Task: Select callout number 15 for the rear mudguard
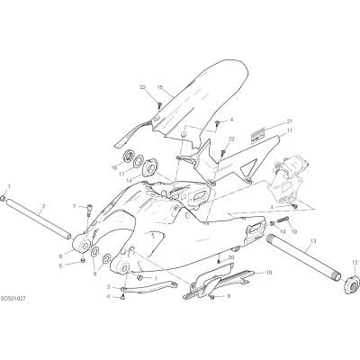(160, 87)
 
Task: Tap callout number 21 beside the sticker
(289, 121)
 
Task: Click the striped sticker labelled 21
(259, 134)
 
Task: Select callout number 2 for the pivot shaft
(43, 206)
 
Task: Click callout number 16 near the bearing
(114, 167)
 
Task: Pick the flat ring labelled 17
(139, 162)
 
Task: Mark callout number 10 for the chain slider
(269, 273)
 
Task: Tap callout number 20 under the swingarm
(230, 257)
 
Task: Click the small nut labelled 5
(83, 259)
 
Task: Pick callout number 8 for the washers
(94, 265)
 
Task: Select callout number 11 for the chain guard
(289, 130)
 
